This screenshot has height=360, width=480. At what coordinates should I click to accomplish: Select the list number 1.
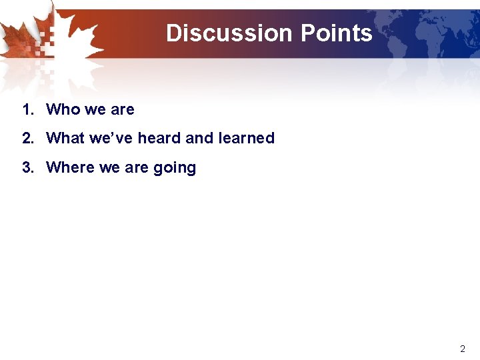(x=27, y=109)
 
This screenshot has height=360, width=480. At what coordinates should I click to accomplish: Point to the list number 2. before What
(x=27, y=138)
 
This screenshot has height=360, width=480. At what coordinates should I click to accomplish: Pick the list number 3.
(x=27, y=167)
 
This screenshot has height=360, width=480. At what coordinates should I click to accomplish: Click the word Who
(x=63, y=109)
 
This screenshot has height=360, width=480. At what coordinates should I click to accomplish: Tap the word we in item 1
(x=95, y=109)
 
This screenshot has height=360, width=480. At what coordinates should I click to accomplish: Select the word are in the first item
(x=123, y=109)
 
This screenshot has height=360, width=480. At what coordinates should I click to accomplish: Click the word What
(x=65, y=138)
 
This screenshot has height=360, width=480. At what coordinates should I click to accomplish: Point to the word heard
(x=159, y=138)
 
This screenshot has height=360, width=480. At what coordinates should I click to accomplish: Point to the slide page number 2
(x=463, y=349)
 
